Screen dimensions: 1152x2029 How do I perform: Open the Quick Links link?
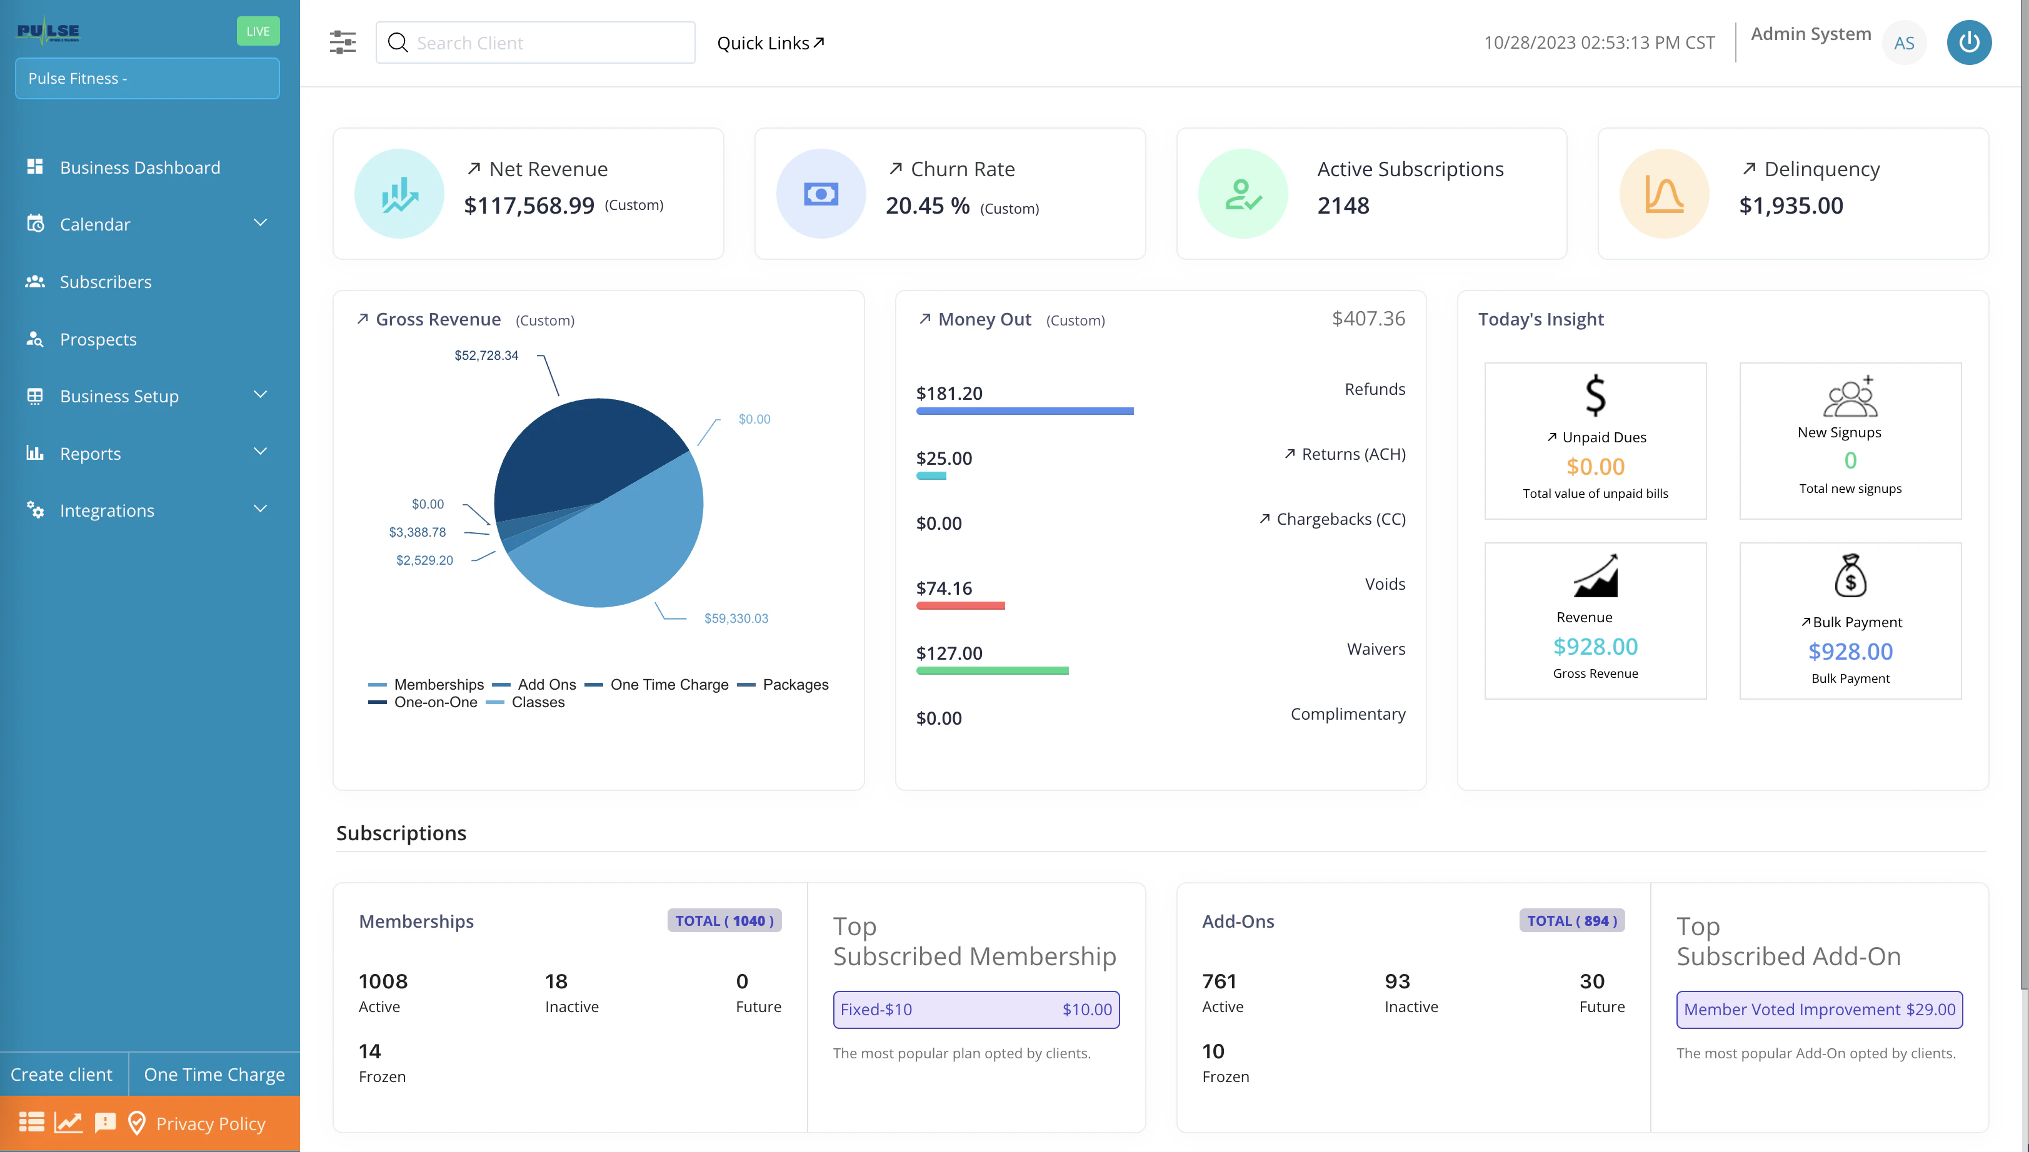pyautogui.click(x=769, y=42)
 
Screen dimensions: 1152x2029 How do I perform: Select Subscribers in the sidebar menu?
pyautogui.click(x=105, y=282)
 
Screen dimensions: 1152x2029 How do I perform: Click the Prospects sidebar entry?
pyautogui.click(x=98, y=339)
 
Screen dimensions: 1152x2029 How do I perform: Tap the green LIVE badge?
pyautogui.click(x=258, y=31)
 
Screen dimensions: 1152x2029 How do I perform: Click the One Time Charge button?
pyautogui.click(x=214, y=1074)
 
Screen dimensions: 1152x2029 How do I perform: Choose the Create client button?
pyautogui.click(x=62, y=1074)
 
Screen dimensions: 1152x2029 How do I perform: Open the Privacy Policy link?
pyautogui.click(x=211, y=1123)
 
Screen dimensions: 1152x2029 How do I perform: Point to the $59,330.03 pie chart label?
pyautogui.click(x=736, y=618)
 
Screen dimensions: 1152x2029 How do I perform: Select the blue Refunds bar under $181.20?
pyautogui.click(x=1025, y=410)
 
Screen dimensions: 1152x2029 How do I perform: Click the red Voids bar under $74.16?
pyautogui.click(x=960, y=605)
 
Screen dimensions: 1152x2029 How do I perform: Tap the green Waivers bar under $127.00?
pyautogui.click(x=992, y=670)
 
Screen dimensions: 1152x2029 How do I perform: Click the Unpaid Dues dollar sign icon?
pyautogui.click(x=1595, y=395)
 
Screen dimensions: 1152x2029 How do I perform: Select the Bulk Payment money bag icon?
pyautogui.click(x=1850, y=575)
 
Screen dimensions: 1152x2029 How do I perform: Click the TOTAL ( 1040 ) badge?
pyautogui.click(x=724, y=920)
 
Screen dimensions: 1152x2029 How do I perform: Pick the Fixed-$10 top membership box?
pyautogui.click(x=975, y=1010)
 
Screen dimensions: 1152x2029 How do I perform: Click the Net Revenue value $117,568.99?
pyautogui.click(x=529, y=206)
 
